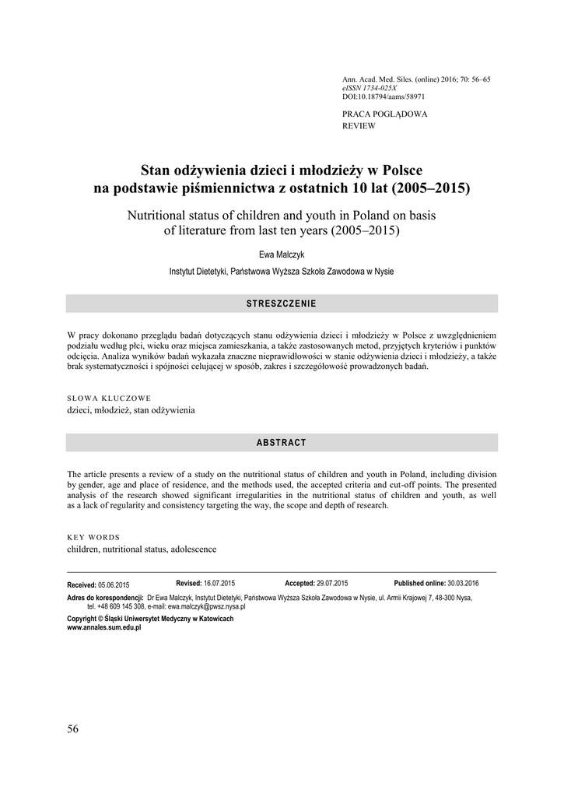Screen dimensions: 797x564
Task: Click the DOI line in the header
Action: point(384,97)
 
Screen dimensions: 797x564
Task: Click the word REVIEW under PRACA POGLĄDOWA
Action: point(359,125)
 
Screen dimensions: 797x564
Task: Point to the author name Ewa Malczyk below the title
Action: point(282,255)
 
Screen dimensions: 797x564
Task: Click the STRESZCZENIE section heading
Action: point(282,303)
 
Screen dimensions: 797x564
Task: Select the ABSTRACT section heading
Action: point(282,442)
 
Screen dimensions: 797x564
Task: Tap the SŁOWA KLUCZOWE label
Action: point(109,398)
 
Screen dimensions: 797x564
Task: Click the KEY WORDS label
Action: point(93,537)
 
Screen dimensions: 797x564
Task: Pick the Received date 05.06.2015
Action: point(114,585)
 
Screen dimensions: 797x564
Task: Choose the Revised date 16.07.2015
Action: point(219,583)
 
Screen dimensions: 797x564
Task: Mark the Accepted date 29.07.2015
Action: point(332,583)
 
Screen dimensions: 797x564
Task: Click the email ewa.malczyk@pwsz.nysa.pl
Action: point(206,606)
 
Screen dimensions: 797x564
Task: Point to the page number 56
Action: point(73,729)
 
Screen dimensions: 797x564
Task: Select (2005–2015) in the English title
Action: point(366,230)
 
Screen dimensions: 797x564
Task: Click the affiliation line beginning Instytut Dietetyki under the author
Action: point(282,272)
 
